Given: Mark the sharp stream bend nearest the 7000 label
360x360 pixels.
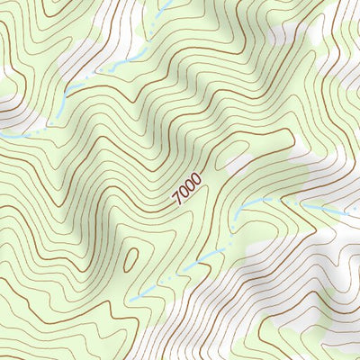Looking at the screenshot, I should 241,208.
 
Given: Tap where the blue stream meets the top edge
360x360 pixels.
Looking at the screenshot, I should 168,3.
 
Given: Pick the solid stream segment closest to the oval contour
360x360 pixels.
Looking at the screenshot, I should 144,293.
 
